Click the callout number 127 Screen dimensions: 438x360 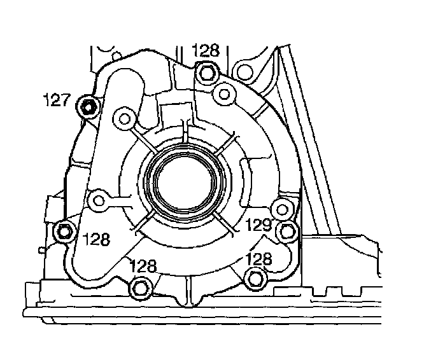55,100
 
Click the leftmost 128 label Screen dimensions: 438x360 95,240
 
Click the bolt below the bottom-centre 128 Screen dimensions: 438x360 140,288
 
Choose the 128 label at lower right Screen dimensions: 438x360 258,259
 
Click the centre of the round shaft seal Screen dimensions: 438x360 185,182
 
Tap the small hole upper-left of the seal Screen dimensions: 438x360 124,117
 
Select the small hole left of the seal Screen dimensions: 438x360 99,201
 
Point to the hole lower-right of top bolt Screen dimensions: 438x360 223,95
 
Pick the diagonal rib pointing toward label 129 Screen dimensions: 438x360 223,223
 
